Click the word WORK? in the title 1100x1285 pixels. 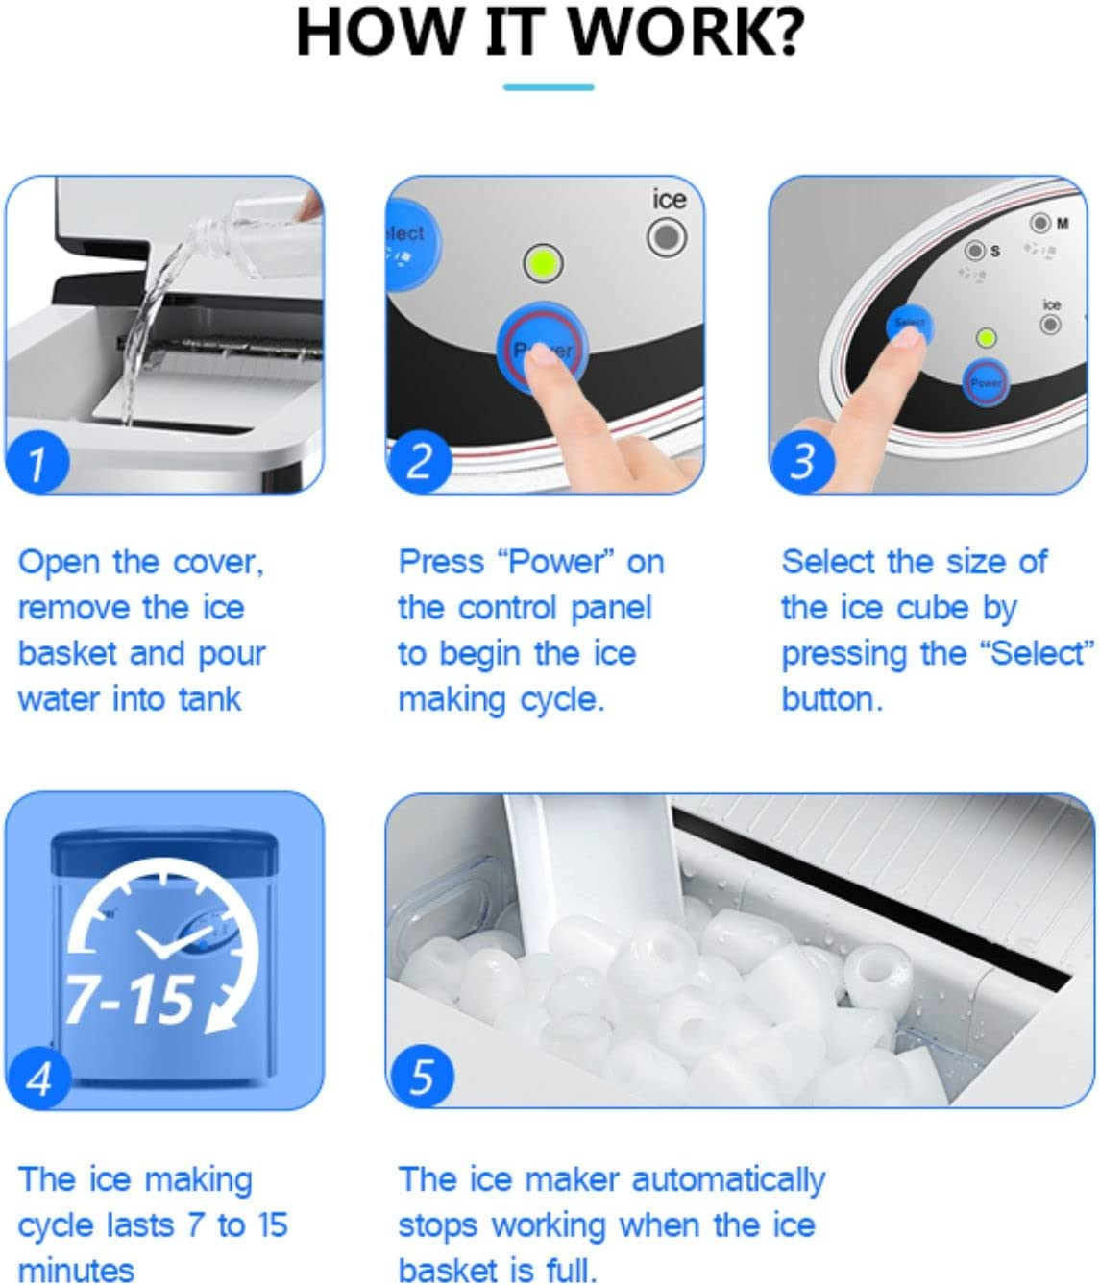[692, 31]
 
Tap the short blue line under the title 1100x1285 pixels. [549, 87]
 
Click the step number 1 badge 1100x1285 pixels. [37, 463]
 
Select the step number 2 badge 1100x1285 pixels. [419, 462]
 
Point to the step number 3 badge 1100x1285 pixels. [801, 462]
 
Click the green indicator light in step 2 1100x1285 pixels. [544, 263]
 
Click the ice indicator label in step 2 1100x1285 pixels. [669, 200]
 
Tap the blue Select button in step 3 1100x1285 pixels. [908, 325]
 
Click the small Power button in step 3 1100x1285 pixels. [986, 381]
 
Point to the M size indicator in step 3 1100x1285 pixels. [1041, 224]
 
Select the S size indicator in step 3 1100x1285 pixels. [975, 251]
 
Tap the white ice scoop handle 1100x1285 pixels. [586, 855]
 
